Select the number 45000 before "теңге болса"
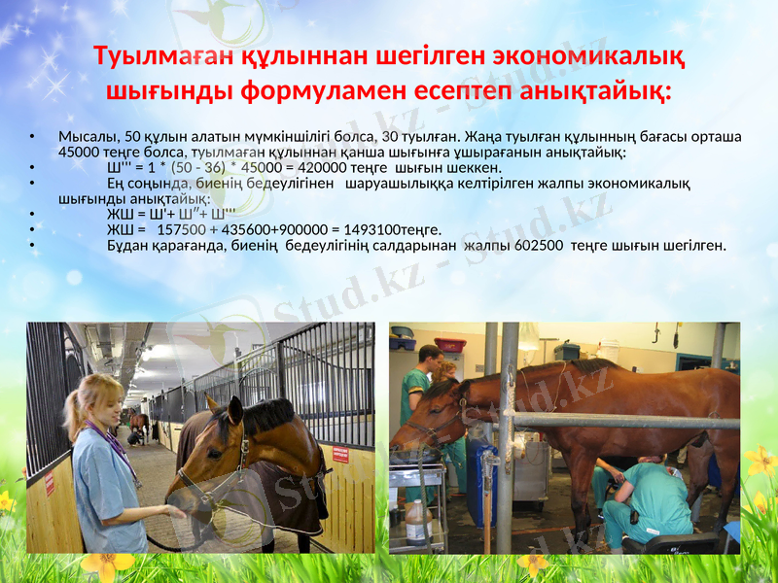80,152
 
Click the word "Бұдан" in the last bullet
128,245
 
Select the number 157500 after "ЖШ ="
181,229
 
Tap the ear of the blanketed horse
211,405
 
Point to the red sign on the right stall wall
340,454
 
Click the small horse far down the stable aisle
139,423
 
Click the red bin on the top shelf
449,344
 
